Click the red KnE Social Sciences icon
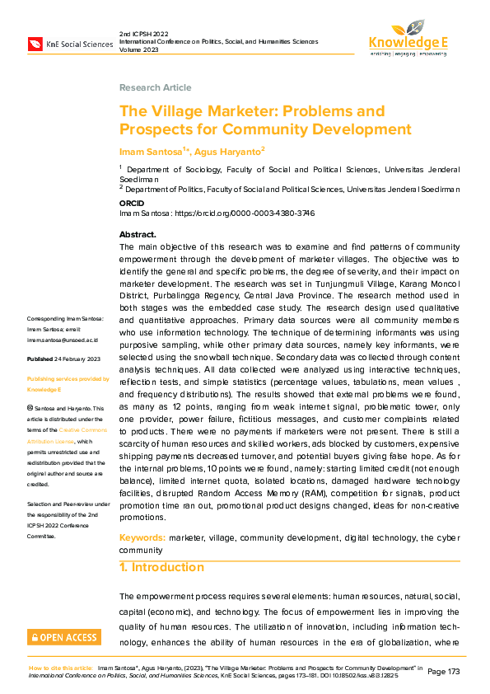[x=35, y=43]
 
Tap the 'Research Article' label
[x=155, y=87]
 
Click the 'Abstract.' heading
[x=138, y=235]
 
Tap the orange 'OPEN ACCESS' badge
[x=64, y=636]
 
